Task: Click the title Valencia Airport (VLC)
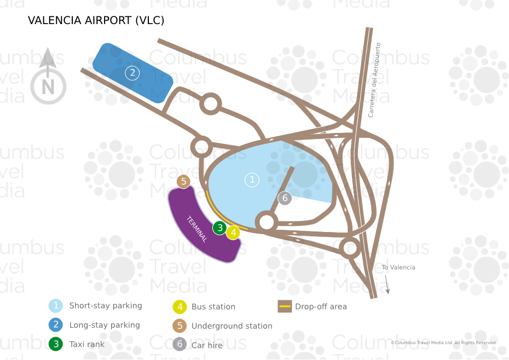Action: point(96,21)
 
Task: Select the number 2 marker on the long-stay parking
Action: point(132,73)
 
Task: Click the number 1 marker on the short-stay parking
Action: point(252,179)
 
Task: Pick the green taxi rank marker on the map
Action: point(219,228)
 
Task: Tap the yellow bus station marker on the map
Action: point(233,233)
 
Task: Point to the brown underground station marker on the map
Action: point(184,181)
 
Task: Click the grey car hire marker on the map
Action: point(284,198)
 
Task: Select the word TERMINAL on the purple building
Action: point(197,229)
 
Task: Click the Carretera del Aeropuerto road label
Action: point(374,80)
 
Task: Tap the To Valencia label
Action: point(398,268)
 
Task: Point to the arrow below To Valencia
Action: point(387,284)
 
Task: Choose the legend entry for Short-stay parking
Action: point(105,306)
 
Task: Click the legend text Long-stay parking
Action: point(104,325)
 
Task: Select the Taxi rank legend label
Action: point(86,344)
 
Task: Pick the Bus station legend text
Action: point(213,307)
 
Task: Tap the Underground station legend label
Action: point(232,326)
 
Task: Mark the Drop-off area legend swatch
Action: point(284,306)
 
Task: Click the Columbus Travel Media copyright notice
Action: point(443,342)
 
